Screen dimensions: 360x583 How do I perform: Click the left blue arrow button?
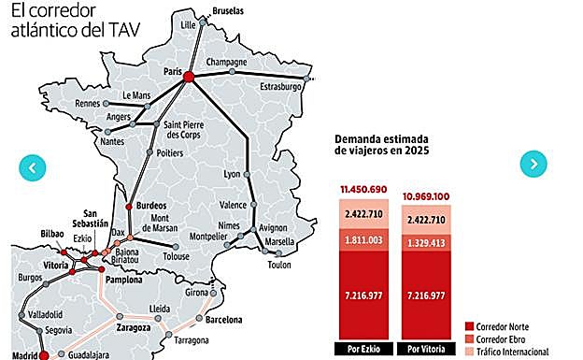(x=32, y=168)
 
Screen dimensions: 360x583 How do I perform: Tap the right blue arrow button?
(x=533, y=164)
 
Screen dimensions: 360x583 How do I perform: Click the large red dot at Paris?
(x=187, y=78)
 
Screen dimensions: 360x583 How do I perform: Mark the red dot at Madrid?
(x=45, y=355)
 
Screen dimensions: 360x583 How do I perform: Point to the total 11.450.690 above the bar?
(x=362, y=189)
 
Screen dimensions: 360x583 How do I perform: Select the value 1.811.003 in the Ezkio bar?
(x=362, y=242)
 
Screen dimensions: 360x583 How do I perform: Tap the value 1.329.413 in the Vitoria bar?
(x=426, y=242)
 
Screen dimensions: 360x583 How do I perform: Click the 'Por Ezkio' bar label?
(x=362, y=350)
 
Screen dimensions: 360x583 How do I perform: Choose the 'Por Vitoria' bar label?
(x=426, y=350)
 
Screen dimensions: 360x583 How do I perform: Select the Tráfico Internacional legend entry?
(x=514, y=351)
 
